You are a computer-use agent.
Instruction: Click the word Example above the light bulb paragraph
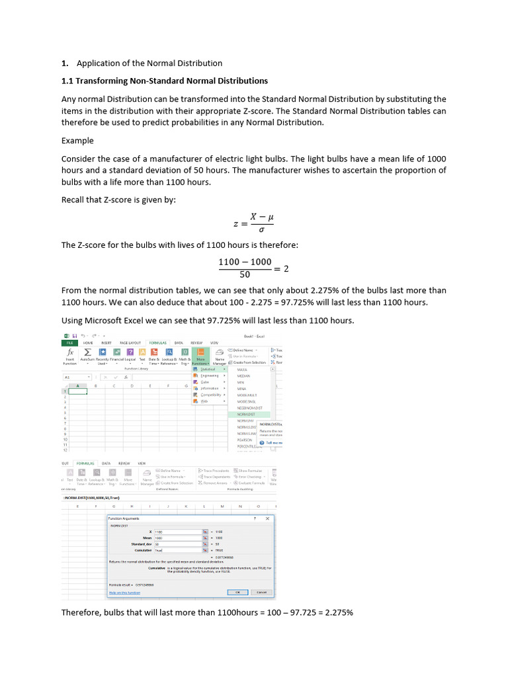[x=77, y=141]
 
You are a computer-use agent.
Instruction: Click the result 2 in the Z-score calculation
[x=286, y=268]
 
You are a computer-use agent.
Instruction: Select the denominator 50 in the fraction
[x=245, y=275]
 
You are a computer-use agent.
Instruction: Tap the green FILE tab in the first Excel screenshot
[x=69, y=343]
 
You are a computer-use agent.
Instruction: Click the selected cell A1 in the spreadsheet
[x=78, y=391]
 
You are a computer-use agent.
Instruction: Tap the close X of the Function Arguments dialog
[x=267, y=519]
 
